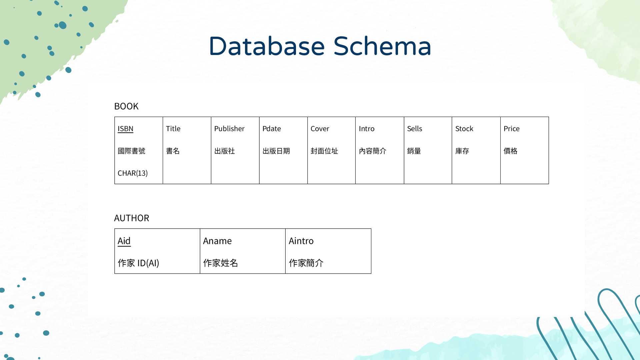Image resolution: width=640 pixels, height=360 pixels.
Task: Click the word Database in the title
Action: pos(267,46)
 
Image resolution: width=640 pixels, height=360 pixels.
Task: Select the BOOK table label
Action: pos(126,106)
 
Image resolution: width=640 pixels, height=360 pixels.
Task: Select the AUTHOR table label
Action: pos(131,218)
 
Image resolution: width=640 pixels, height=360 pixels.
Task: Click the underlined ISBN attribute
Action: pos(125,129)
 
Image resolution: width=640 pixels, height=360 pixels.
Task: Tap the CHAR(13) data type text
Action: pos(132,173)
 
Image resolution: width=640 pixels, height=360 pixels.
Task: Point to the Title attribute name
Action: pos(173,129)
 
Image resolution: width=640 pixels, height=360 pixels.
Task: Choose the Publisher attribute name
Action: pos(229,129)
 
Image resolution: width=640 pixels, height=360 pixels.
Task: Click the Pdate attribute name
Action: pos(271,129)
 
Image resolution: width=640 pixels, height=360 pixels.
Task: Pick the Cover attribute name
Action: pos(320,129)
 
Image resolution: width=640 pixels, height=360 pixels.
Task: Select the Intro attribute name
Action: pos(366,129)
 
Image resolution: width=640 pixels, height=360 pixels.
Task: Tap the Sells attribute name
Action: pos(414,129)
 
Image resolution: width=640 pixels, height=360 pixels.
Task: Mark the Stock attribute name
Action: pos(464,129)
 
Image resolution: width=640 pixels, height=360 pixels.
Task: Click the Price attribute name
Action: pos(511,129)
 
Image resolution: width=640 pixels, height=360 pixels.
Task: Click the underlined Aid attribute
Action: pos(124,241)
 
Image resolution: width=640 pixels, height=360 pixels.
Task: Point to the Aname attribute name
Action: pos(217,241)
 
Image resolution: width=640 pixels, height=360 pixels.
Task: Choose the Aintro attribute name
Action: pos(301,241)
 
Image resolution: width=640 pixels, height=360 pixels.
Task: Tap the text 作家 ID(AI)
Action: pos(138,263)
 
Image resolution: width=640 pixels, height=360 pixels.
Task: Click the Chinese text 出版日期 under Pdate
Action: pos(276,151)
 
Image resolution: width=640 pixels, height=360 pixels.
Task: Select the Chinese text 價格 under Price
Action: pos(510,151)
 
